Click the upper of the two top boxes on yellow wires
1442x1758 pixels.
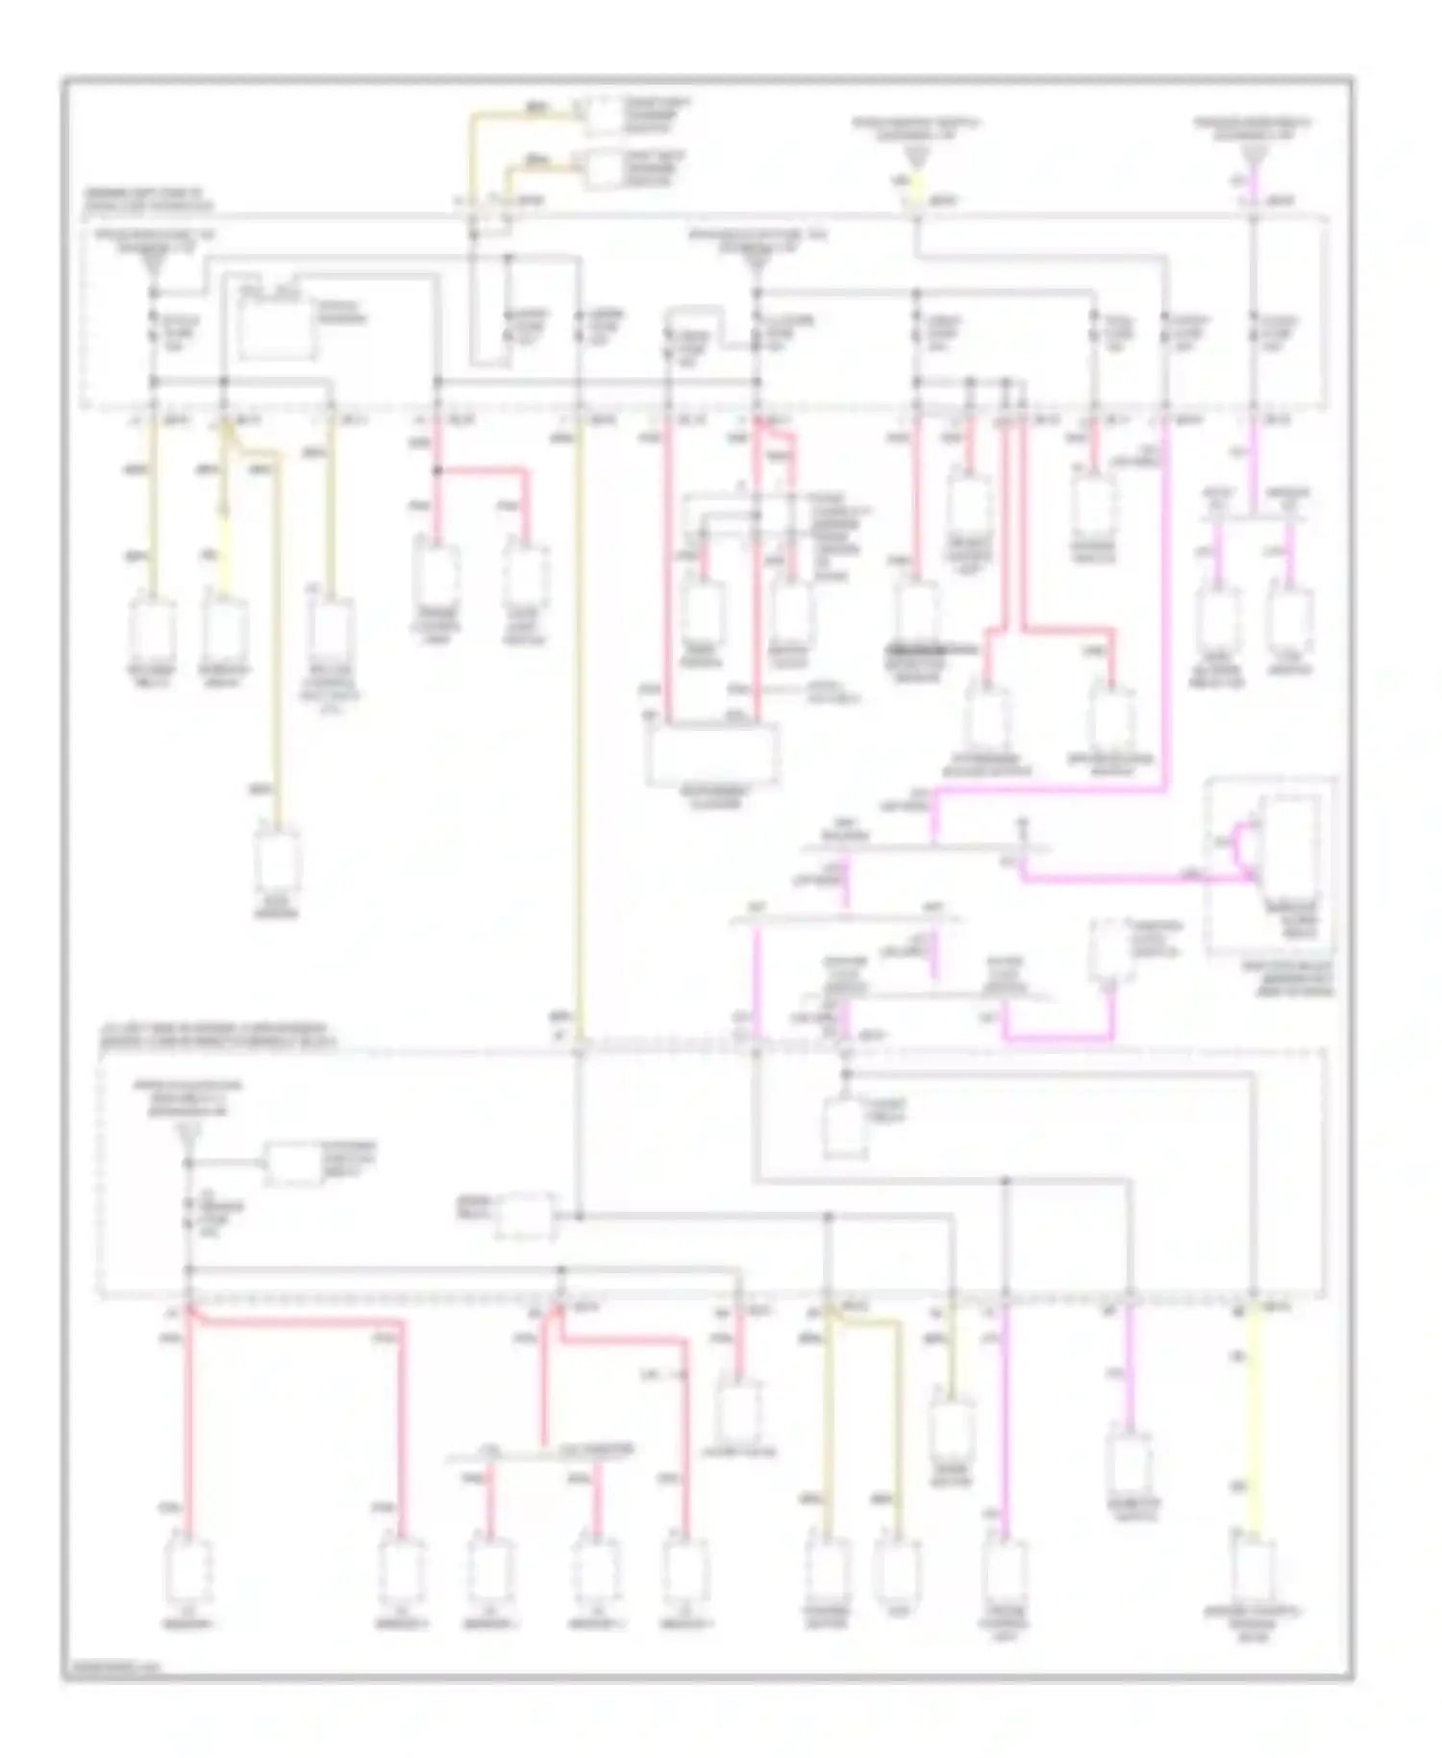tap(604, 116)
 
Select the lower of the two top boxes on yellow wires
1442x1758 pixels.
tap(604, 169)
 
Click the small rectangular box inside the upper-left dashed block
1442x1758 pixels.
tap(276, 327)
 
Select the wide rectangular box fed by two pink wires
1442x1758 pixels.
tap(712, 755)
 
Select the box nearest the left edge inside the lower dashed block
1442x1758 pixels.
tap(294, 1165)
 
